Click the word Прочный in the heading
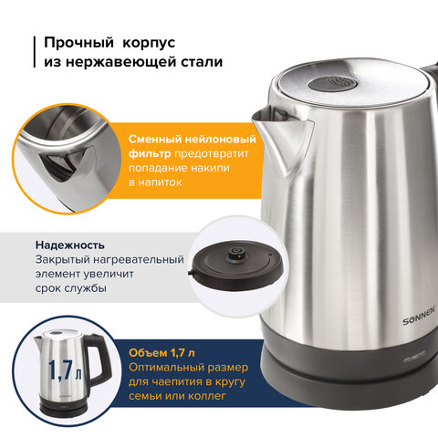(x=78, y=43)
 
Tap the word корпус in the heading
(x=149, y=44)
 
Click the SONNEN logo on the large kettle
(x=420, y=318)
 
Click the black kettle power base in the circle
(x=237, y=265)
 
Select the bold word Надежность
(x=70, y=245)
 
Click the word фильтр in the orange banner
(x=150, y=154)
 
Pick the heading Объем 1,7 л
(x=162, y=353)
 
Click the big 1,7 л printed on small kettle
(x=66, y=370)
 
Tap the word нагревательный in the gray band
(x=139, y=260)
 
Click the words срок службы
(x=71, y=288)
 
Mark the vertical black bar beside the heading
(x=35, y=52)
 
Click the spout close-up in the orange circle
(x=67, y=159)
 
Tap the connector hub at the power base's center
(x=235, y=252)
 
